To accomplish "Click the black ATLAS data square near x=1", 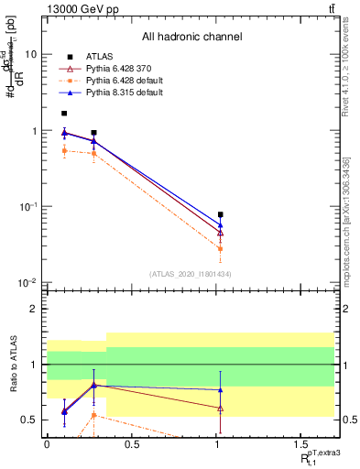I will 220,214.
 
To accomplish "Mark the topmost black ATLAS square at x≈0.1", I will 63,114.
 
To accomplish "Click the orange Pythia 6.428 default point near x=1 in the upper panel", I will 220,248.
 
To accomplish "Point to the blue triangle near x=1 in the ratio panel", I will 220,390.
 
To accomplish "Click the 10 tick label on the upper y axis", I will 30,54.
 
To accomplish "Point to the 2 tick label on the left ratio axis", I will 35,309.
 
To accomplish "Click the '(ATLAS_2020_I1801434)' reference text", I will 190,274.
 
